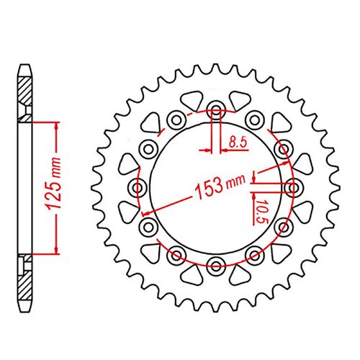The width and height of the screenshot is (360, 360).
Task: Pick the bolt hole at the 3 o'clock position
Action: pos(293,188)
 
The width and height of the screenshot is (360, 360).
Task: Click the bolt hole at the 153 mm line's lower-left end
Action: pos(149,227)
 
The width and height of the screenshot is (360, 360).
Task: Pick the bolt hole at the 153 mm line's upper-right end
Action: pos(282,149)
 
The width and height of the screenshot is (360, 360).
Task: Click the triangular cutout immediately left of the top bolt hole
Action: pos(193,98)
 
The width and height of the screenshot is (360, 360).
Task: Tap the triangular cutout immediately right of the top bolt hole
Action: pos(238,98)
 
